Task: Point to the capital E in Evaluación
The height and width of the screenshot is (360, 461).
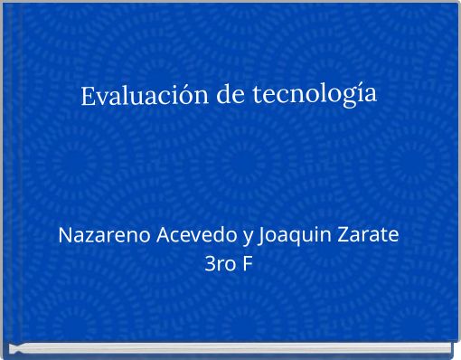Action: (x=88, y=96)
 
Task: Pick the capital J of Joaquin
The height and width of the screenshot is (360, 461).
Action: (x=262, y=237)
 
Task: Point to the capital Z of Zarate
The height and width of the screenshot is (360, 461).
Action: (x=343, y=236)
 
